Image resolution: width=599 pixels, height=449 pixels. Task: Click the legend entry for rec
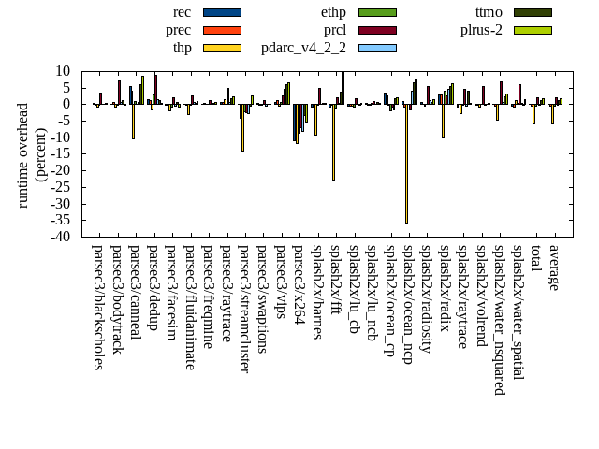click(x=222, y=12)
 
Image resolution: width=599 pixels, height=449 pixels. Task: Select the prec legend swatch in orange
click(x=222, y=30)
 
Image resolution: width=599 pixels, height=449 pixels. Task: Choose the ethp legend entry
click(x=376, y=12)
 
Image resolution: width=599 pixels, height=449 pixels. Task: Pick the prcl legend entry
click(x=376, y=30)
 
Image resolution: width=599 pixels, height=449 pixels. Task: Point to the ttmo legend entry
click(x=532, y=12)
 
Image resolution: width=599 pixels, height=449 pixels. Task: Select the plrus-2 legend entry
click(x=532, y=30)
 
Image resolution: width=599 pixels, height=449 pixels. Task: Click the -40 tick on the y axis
click(x=63, y=237)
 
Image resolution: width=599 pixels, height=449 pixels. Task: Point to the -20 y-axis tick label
click(x=63, y=170)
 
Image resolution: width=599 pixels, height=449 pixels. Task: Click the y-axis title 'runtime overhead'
click(x=24, y=154)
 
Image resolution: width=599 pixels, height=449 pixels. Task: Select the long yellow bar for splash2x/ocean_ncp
click(x=406, y=164)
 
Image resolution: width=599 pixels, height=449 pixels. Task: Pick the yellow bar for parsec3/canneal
click(x=133, y=122)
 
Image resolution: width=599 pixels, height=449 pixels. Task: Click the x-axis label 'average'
click(x=554, y=268)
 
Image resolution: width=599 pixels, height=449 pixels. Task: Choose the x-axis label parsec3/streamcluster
click(x=244, y=309)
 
